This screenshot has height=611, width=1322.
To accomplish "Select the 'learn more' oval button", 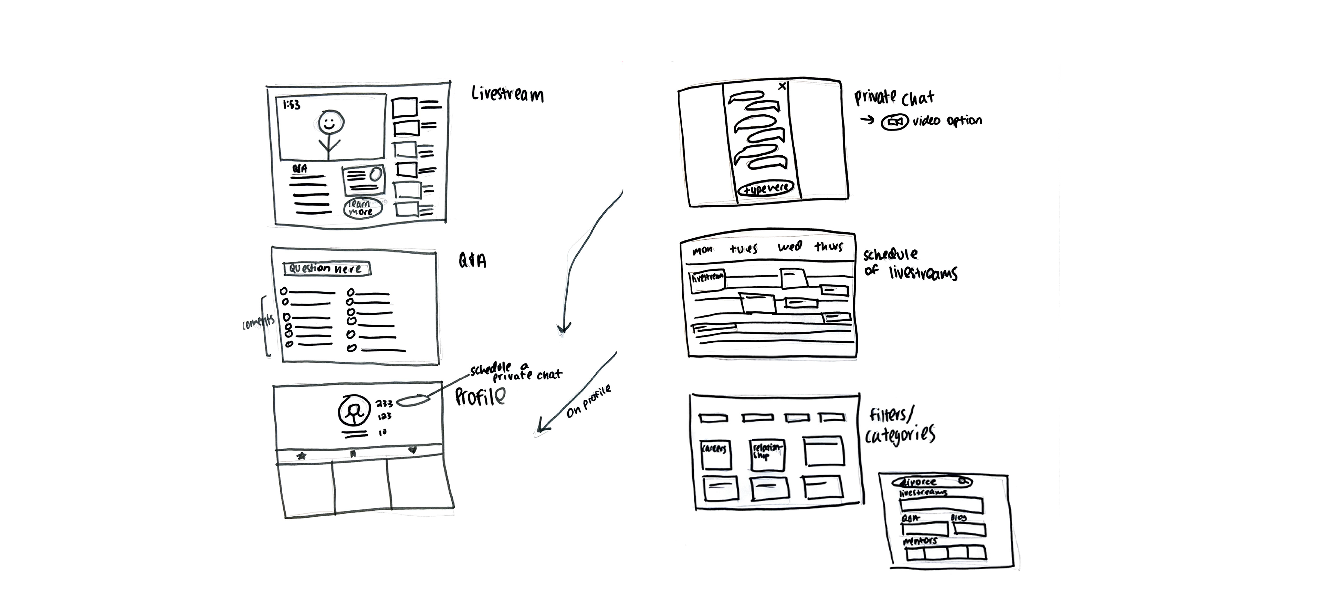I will tap(362, 208).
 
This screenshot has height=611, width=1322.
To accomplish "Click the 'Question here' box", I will tap(326, 269).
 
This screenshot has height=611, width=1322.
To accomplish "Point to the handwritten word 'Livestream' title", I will tap(507, 94).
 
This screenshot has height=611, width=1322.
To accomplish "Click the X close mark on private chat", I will tap(782, 86).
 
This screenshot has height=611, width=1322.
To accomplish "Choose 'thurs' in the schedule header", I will tap(829, 247).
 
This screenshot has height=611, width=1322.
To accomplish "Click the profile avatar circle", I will tap(353, 411).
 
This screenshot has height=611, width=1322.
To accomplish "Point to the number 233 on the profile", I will tap(384, 404).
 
